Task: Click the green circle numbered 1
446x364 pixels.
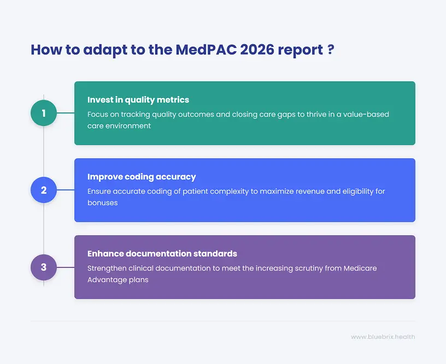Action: (x=44, y=113)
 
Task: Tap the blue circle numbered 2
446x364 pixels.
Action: (x=44, y=190)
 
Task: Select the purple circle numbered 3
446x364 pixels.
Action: (x=44, y=267)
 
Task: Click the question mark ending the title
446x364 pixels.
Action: (x=331, y=49)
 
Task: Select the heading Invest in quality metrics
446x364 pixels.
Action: (x=138, y=100)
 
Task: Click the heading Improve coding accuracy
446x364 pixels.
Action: (x=142, y=177)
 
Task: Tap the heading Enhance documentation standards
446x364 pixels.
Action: (x=162, y=254)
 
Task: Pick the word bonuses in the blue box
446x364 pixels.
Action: (x=103, y=202)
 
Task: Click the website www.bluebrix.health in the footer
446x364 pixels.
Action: (x=383, y=337)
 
